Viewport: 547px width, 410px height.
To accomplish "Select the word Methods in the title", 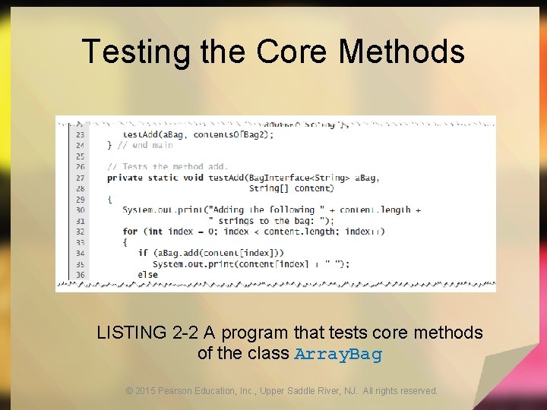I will click(x=402, y=52).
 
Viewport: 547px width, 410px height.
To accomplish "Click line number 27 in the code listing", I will click(x=81, y=178).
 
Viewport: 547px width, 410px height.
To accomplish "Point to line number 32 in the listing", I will click(x=81, y=232).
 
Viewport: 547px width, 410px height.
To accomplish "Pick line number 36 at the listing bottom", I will click(x=81, y=274).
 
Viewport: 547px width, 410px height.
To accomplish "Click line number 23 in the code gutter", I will click(x=81, y=135).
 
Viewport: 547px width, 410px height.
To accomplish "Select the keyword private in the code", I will click(x=125, y=178).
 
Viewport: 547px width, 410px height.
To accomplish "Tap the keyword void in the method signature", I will click(x=194, y=178).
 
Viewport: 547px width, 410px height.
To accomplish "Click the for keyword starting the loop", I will click(x=130, y=232).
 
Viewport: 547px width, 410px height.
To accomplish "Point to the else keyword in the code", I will click(x=148, y=274).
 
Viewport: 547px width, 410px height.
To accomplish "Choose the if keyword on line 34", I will click(x=143, y=253).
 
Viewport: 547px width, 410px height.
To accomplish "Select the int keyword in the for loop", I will click(x=153, y=232).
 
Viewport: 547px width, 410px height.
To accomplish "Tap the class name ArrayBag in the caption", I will click(x=337, y=354).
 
